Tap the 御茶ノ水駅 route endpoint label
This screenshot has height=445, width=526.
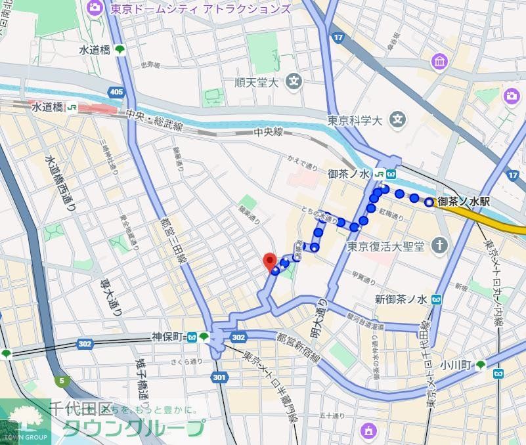[464, 202]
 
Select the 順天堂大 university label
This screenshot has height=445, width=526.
[257, 83]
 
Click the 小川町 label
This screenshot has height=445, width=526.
[457, 365]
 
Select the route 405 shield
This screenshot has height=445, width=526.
[117, 93]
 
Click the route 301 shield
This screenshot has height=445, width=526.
[219, 377]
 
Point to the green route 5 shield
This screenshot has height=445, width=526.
[62, 380]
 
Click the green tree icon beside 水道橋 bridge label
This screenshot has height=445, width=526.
[120, 50]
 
